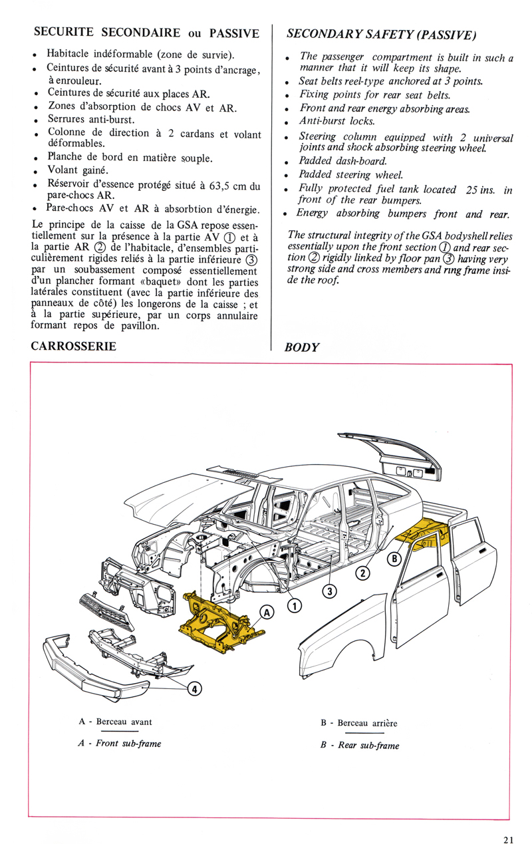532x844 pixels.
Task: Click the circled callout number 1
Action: coord(295,605)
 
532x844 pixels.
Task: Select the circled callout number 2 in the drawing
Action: coord(364,573)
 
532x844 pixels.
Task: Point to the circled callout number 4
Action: coord(196,689)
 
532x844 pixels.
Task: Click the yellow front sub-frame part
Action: coord(216,619)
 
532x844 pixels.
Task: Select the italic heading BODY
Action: coord(302,348)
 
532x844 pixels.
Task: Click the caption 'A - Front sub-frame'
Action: coord(120,743)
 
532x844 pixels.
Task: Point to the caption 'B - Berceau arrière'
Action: coord(358,723)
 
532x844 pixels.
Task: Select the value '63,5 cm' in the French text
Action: coord(221,186)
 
